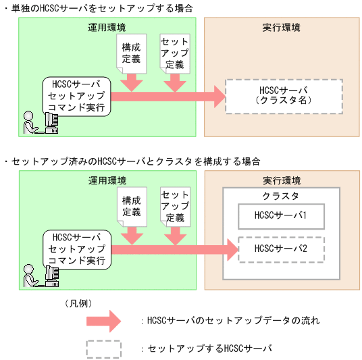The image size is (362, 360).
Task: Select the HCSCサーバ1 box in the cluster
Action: [281, 217]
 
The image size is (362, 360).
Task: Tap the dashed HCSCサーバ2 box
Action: [281, 249]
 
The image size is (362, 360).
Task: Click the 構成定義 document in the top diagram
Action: [132, 53]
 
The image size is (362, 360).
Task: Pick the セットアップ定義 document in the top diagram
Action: [174, 52]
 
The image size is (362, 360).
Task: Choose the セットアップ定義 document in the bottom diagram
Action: [174, 205]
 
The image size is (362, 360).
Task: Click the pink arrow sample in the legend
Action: [103, 320]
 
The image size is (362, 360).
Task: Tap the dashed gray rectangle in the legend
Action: [103, 348]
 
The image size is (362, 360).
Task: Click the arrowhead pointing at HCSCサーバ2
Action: [230, 249]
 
